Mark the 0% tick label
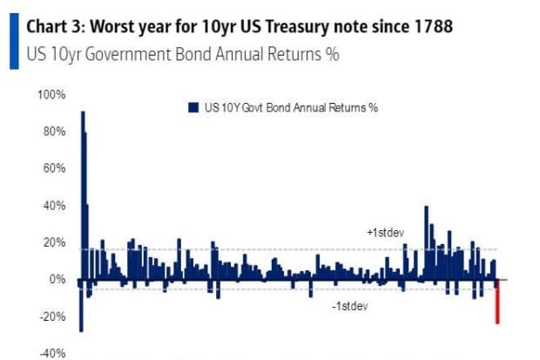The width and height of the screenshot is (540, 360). click(x=57, y=279)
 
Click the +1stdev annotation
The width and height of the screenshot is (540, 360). click(x=383, y=234)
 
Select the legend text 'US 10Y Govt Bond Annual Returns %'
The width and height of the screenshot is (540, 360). click(x=289, y=107)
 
